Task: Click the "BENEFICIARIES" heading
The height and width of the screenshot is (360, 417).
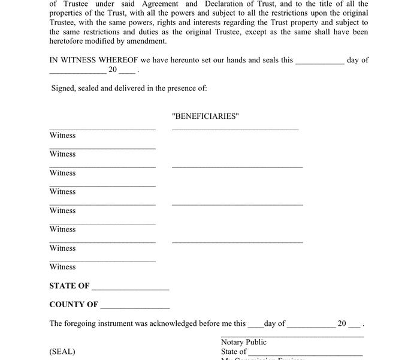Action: pos(206,116)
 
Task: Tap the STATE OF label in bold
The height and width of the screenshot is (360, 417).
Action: pos(69,286)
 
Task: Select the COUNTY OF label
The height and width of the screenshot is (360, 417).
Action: pos(74,304)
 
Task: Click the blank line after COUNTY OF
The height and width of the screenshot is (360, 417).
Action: pos(135,307)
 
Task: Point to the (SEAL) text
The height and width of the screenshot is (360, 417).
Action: pos(62,352)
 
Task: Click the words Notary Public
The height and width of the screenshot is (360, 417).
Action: pos(243,342)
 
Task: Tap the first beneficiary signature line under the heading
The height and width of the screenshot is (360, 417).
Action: pos(235,129)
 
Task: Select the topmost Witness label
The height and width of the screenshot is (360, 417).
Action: pos(62,136)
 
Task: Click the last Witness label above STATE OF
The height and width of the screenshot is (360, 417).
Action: pos(62,267)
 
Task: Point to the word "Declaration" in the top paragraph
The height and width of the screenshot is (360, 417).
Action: pos(230,4)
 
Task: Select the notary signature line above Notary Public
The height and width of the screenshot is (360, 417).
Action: pos(292,337)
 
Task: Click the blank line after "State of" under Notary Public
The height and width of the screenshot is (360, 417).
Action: pos(305,354)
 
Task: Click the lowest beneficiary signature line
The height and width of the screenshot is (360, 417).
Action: pos(237,242)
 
